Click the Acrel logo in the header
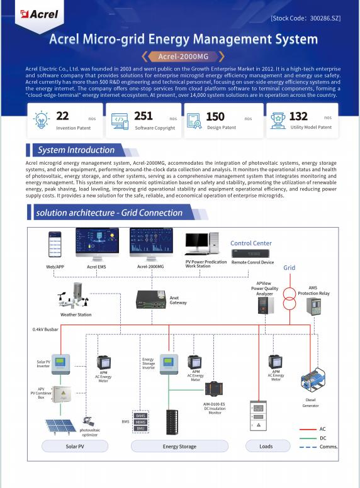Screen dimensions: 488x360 39,14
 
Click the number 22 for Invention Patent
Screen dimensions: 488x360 63,116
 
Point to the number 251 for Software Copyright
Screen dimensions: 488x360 143,116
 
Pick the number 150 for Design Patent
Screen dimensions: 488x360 215,117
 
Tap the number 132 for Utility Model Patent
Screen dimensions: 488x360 298,116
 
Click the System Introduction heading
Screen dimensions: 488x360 76,150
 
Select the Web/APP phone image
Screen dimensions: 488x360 55,245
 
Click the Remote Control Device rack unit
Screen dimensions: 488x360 252,253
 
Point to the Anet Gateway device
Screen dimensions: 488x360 151,300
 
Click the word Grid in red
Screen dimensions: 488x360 289,268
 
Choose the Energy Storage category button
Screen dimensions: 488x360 179,446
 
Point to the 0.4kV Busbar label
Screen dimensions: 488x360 46,329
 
